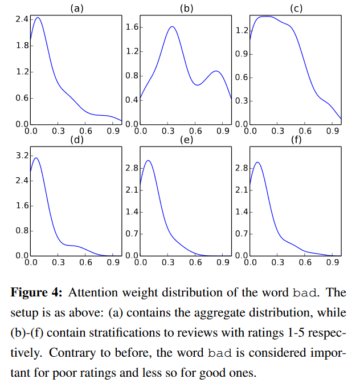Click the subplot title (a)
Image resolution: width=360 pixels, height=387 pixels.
click(x=77, y=9)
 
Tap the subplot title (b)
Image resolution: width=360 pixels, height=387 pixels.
click(x=186, y=9)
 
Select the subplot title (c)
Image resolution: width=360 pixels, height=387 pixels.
click(x=296, y=9)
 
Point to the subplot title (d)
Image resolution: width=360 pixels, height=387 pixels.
click(x=77, y=140)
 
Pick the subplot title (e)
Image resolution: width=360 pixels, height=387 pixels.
click(x=186, y=140)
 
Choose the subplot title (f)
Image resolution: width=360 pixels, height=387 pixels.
click(x=296, y=140)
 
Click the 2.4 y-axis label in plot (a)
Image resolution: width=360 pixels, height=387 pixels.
click(x=22, y=19)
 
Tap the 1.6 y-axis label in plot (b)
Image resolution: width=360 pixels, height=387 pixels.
click(x=132, y=27)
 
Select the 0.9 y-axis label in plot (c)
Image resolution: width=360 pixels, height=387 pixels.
click(x=242, y=54)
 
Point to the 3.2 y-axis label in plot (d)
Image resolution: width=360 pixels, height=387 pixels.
click(x=22, y=156)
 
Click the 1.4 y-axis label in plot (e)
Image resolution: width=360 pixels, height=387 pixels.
click(x=132, y=212)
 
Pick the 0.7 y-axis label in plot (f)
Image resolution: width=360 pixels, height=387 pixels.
click(x=242, y=234)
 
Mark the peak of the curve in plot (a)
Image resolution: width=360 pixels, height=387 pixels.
click(x=38, y=18)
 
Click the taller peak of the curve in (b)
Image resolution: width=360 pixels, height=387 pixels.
click(x=172, y=26)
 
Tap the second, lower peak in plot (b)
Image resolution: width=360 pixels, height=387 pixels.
click(x=216, y=71)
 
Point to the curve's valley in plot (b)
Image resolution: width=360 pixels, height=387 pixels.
click(x=198, y=85)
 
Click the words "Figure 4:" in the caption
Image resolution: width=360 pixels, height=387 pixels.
click(x=36, y=293)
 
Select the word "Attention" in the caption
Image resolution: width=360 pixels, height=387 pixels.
click(x=93, y=293)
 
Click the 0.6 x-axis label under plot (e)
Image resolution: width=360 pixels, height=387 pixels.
click(x=195, y=262)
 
